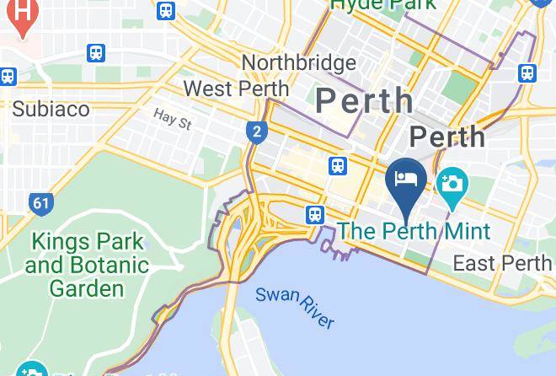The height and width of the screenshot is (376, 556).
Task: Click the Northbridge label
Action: coord(298,63)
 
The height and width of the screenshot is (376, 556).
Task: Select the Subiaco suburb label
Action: coord(51,109)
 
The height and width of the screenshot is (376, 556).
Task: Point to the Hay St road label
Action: coord(173,120)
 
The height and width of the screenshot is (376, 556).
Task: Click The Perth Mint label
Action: coord(414,230)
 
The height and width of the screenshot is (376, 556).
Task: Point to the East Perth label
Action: coord(502,263)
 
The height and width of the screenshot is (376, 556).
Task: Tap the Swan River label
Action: coord(295,307)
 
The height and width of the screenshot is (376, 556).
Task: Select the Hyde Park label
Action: coord(383,5)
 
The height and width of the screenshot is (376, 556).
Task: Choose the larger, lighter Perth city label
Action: coord(365,100)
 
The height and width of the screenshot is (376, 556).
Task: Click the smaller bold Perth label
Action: coord(447,137)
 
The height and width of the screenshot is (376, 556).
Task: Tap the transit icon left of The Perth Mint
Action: coord(315,215)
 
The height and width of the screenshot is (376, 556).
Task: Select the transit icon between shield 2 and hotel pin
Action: coord(339,166)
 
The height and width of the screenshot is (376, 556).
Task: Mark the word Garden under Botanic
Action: coord(86,288)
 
